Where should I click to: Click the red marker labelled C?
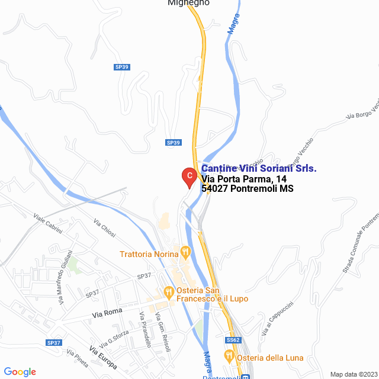188,176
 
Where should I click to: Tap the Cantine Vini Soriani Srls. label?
259,169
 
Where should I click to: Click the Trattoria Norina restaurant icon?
185,252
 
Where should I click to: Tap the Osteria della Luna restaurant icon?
229,356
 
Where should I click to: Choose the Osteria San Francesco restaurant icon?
169,291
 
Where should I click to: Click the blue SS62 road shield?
233,340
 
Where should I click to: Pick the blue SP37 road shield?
54,343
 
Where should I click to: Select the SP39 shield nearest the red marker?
173,143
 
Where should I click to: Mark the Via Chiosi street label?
105,229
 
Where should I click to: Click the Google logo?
20,372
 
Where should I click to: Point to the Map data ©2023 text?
353,374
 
